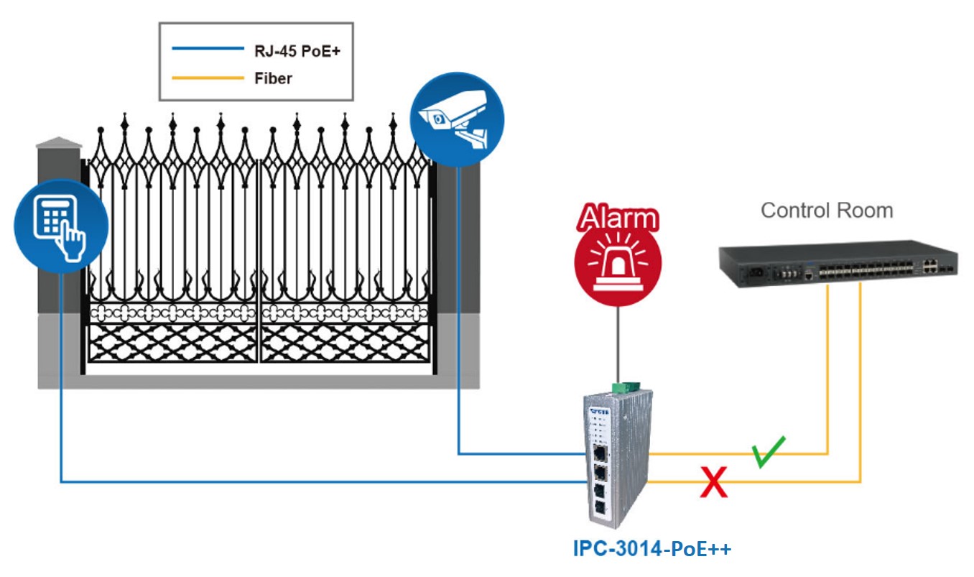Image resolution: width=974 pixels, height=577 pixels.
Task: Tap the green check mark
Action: click(769, 452)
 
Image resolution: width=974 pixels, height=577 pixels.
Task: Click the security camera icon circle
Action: click(457, 119)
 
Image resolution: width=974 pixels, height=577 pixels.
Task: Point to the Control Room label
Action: click(827, 211)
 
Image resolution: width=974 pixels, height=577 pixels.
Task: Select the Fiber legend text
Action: click(273, 78)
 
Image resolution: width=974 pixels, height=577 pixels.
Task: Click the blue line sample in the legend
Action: click(208, 49)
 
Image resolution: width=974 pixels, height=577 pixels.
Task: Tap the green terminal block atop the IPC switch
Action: click(619, 388)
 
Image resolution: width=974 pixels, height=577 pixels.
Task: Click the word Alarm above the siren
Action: click(618, 218)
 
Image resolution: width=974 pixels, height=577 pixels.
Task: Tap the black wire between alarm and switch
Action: click(618, 345)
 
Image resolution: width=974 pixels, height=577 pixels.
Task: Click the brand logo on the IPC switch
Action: click(598, 412)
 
